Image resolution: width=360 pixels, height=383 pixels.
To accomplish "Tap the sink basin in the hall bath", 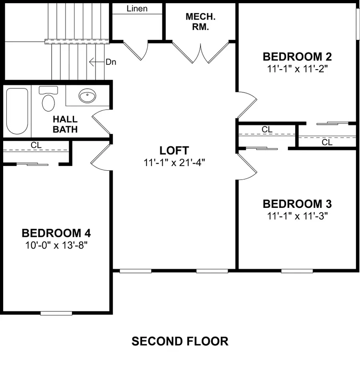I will click(87, 96).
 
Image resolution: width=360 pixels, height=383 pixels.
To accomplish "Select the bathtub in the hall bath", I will click(17, 111).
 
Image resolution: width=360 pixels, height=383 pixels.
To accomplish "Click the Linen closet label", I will click(137, 8).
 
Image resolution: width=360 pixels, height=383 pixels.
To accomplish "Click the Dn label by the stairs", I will click(111, 62).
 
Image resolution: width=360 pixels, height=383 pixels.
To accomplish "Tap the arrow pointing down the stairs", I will click(96, 62).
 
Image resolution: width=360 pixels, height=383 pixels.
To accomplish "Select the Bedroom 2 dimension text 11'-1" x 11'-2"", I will click(297, 68).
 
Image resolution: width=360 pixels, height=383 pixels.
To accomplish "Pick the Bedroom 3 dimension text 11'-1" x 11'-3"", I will click(297, 216).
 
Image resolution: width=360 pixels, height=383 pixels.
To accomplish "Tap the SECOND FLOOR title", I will click(180, 341).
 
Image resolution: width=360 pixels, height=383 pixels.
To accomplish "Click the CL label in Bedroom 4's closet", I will click(36, 146).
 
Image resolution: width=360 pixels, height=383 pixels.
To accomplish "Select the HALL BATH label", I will click(65, 124).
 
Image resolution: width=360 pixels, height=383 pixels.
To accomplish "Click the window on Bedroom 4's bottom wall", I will click(56, 313).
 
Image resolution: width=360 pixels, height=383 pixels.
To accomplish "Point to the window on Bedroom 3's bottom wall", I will click(297, 271).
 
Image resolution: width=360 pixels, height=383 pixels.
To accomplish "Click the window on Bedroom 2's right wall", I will click(357, 24).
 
